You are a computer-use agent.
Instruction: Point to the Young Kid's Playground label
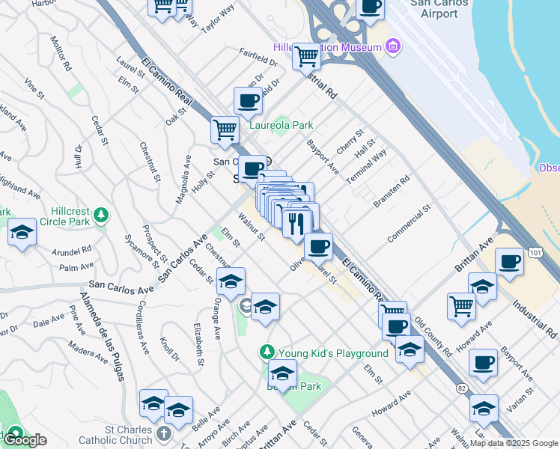(333, 352)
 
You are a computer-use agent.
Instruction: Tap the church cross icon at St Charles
(165, 433)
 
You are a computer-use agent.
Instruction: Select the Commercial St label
(410, 224)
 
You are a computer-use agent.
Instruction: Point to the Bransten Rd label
(392, 192)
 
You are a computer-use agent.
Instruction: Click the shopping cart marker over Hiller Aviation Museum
(306, 55)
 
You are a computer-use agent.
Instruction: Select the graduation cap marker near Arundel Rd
(22, 233)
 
